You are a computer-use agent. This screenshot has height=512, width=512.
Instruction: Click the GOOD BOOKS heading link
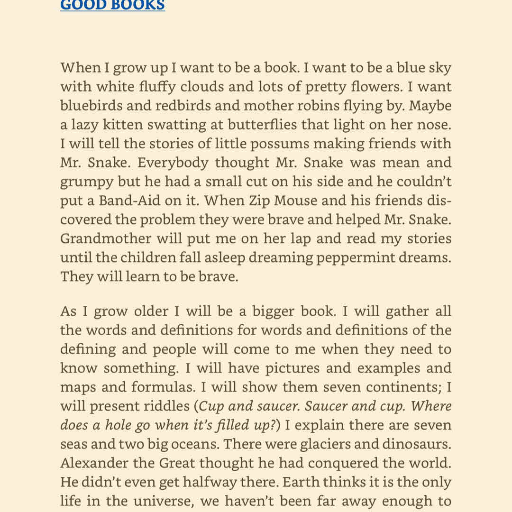tap(112, 5)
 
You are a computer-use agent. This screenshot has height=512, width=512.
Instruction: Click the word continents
tap(403, 387)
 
